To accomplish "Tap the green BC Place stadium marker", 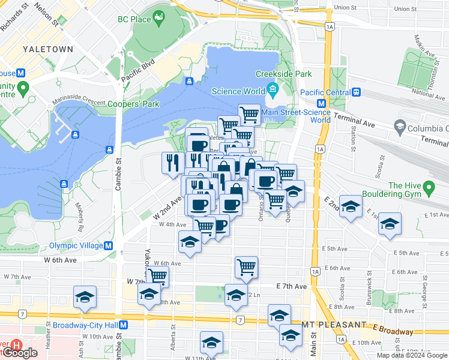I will (x=160, y=18).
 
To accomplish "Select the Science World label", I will (x=239, y=91).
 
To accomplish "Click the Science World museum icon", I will (x=273, y=91).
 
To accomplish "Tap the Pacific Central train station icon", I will (x=357, y=92).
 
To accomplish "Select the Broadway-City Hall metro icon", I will (x=123, y=325).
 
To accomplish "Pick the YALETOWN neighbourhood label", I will (x=47, y=49).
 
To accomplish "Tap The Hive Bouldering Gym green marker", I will (x=429, y=190).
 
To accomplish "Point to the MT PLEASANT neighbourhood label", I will (x=334, y=325).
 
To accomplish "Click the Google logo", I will (x=19, y=353).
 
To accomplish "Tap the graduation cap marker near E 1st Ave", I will (x=390, y=223).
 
